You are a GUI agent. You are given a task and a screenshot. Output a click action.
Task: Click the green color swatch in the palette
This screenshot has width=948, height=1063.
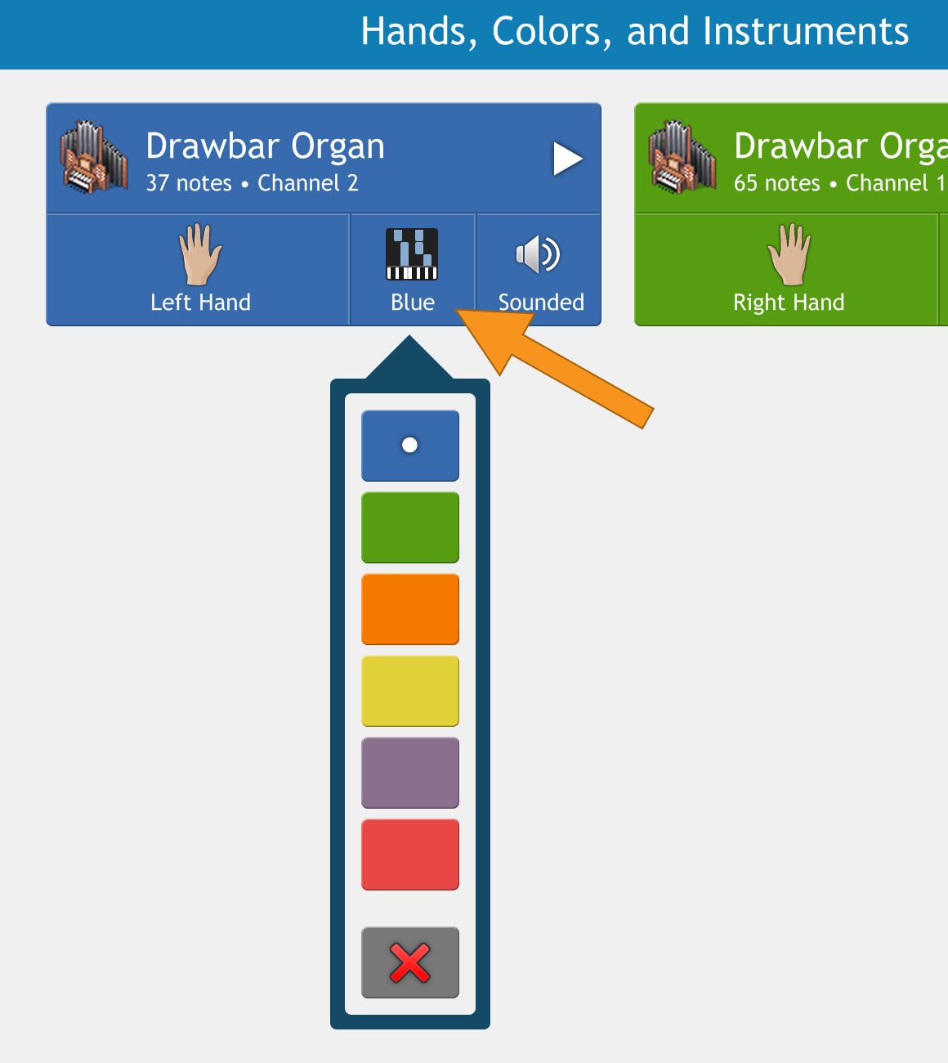410,527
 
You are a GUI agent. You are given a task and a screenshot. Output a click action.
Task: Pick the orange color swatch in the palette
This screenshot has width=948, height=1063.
410,609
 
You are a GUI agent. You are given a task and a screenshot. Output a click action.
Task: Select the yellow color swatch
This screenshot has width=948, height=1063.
410,691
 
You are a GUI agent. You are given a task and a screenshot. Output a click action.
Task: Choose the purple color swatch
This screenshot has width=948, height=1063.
410,773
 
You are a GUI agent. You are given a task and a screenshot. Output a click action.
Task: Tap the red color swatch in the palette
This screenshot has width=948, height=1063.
410,854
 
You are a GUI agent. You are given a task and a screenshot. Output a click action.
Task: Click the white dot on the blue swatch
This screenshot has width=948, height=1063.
409,445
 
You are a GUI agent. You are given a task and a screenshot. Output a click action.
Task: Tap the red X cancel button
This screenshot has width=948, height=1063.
410,962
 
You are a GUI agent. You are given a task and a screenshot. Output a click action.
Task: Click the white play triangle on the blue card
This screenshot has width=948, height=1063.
567,159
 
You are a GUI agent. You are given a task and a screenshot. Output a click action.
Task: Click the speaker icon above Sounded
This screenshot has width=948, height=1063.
538,254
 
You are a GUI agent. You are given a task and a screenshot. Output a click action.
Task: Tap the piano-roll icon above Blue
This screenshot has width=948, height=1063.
412,254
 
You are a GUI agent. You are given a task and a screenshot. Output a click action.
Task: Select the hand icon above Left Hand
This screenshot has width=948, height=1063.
199,254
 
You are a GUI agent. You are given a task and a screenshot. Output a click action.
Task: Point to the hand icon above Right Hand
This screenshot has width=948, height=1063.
789,254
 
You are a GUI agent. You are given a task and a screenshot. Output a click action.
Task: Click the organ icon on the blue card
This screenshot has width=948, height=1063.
94,157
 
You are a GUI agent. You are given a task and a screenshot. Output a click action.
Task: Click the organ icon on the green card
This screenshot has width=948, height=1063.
682,157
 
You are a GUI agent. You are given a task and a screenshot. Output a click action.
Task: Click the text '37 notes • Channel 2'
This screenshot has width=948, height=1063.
253,183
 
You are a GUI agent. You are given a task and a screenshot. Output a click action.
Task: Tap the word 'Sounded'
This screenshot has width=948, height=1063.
541,303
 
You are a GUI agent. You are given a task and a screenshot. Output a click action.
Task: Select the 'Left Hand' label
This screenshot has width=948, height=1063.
200,303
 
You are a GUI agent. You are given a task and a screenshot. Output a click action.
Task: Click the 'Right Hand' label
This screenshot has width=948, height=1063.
789,303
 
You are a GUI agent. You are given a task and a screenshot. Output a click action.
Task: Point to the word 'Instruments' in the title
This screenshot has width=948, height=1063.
805,31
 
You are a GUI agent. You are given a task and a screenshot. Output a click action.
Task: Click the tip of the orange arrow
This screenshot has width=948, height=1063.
456,310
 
